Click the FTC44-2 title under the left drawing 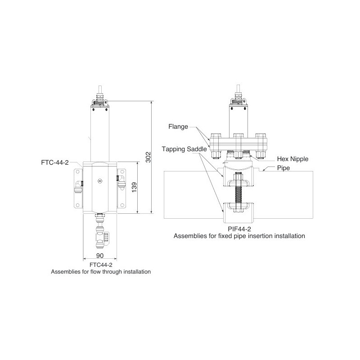pyautogui.click(x=101, y=265)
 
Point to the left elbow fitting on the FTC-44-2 pyautogui.click(x=79, y=184)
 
